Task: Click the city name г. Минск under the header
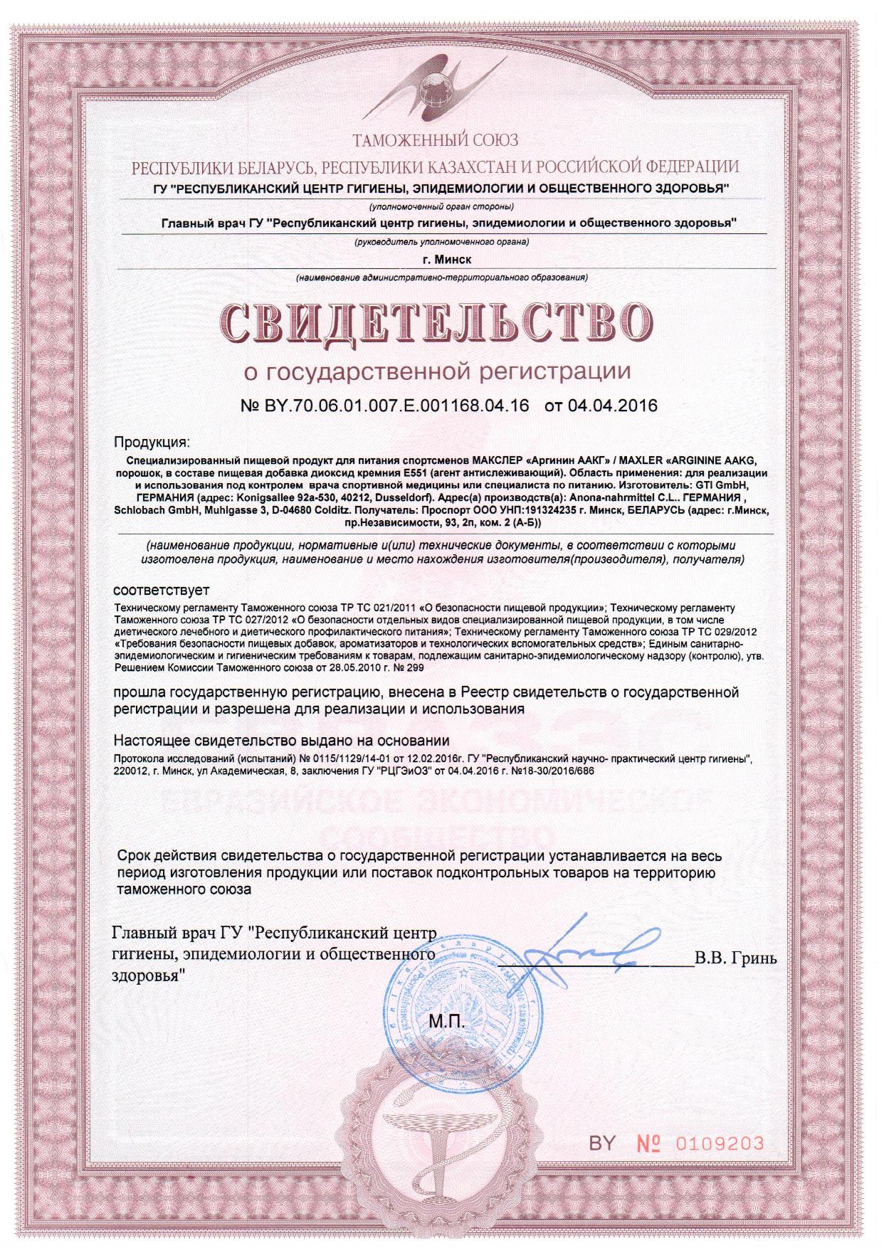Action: coord(441,260)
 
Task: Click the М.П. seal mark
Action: coord(446,1022)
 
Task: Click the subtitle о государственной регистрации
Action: coord(438,371)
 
